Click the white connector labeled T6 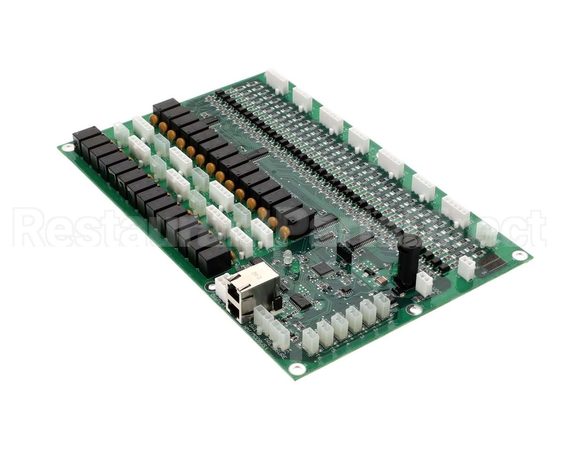coord(310,340)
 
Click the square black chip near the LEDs coord(322,269)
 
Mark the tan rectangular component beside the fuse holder coord(381,281)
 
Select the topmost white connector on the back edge coord(277,81)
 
